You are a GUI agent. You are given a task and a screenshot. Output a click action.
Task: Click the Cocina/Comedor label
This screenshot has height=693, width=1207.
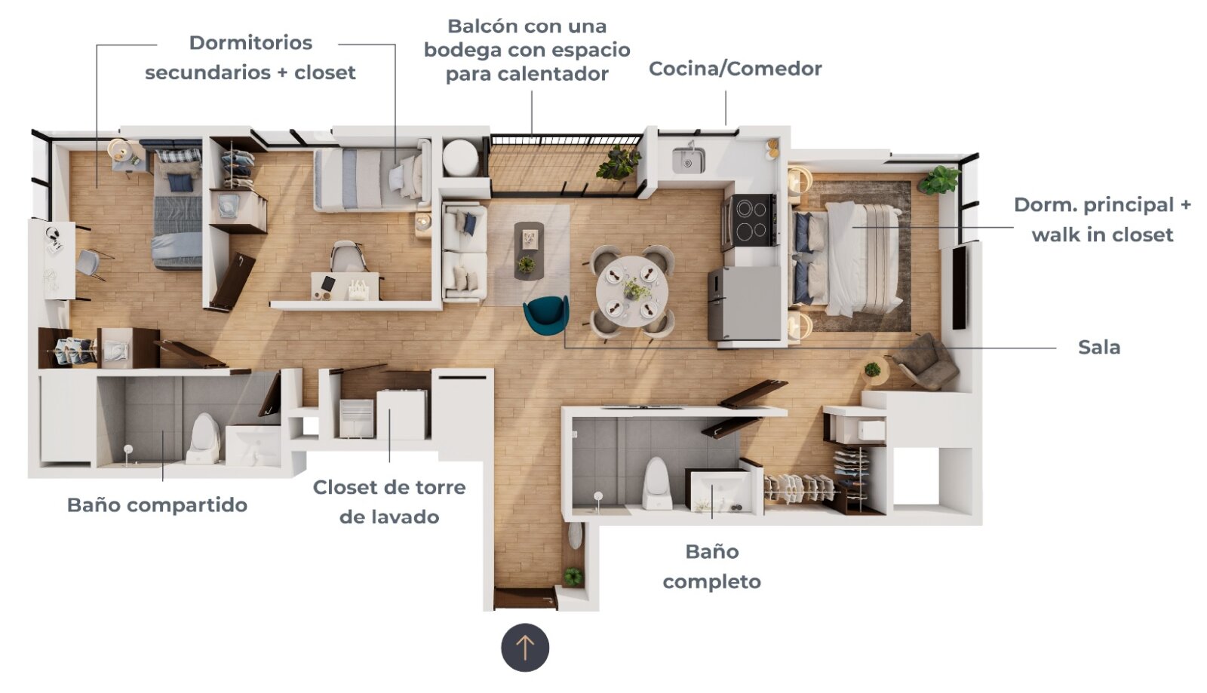pos(735,69)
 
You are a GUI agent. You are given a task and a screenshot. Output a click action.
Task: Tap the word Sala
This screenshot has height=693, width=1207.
pos(1099,348)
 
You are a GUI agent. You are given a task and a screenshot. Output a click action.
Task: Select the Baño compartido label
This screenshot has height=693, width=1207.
pos(158,505)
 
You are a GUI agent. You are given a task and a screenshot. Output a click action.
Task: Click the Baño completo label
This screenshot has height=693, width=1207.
pos(712,566)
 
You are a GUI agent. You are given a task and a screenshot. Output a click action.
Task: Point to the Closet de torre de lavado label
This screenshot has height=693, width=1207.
pos(389,502)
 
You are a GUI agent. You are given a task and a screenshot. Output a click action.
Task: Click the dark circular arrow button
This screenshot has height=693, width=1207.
pos(525,647)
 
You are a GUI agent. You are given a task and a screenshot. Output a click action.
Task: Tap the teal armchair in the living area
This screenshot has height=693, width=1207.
pos(547,316)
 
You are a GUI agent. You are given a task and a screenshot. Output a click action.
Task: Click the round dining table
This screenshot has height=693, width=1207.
pos(632,291)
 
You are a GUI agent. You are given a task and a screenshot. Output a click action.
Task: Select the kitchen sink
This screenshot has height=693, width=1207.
pos(689,160)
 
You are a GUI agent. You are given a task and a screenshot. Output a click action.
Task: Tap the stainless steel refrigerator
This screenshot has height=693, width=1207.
pos(745,304)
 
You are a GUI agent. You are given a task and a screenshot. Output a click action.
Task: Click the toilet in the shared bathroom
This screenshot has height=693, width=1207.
pos(204,438)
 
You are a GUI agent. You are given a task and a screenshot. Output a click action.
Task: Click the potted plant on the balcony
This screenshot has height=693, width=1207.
pos(619,162)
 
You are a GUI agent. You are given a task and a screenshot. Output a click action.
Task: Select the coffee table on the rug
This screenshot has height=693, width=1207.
pos(529,251)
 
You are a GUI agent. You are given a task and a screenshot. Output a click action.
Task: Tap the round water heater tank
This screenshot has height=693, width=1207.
pos(460,158)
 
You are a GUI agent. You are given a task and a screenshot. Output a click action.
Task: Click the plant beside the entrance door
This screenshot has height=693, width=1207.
pos(573,577)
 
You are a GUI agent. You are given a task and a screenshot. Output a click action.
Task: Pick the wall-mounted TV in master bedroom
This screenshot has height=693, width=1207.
pos(959,287)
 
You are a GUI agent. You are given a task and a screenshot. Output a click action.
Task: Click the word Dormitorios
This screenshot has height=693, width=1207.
pos(250,42)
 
